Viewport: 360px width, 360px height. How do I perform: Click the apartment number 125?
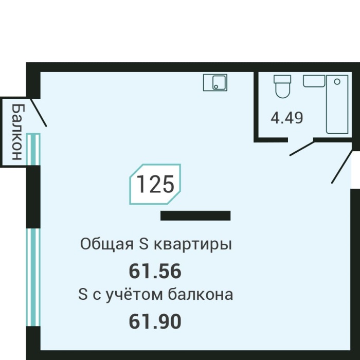click(155, 184)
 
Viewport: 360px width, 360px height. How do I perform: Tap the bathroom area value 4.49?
click(287, 118)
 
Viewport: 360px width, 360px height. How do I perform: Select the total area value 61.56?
click(155, 271)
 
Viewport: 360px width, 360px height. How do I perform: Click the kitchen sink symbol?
click(215, 82)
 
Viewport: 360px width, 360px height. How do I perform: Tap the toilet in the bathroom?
click(282, 86)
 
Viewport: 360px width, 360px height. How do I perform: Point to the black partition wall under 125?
click(195, 215)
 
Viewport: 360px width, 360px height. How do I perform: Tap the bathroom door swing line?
click(302, 148)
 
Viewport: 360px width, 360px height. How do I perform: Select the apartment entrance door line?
click(342, 167)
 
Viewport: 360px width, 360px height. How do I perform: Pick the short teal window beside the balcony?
click(34, 149)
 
